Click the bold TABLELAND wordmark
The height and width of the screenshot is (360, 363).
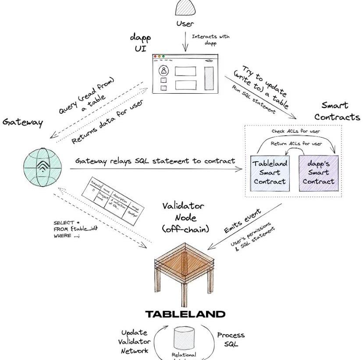185,314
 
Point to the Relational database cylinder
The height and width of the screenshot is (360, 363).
184,339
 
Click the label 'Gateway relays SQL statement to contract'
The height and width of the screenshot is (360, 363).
155,160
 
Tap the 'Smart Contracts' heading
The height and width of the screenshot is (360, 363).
337,111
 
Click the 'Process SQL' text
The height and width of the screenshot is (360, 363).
231,339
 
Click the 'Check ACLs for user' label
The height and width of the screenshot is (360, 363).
295,131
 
